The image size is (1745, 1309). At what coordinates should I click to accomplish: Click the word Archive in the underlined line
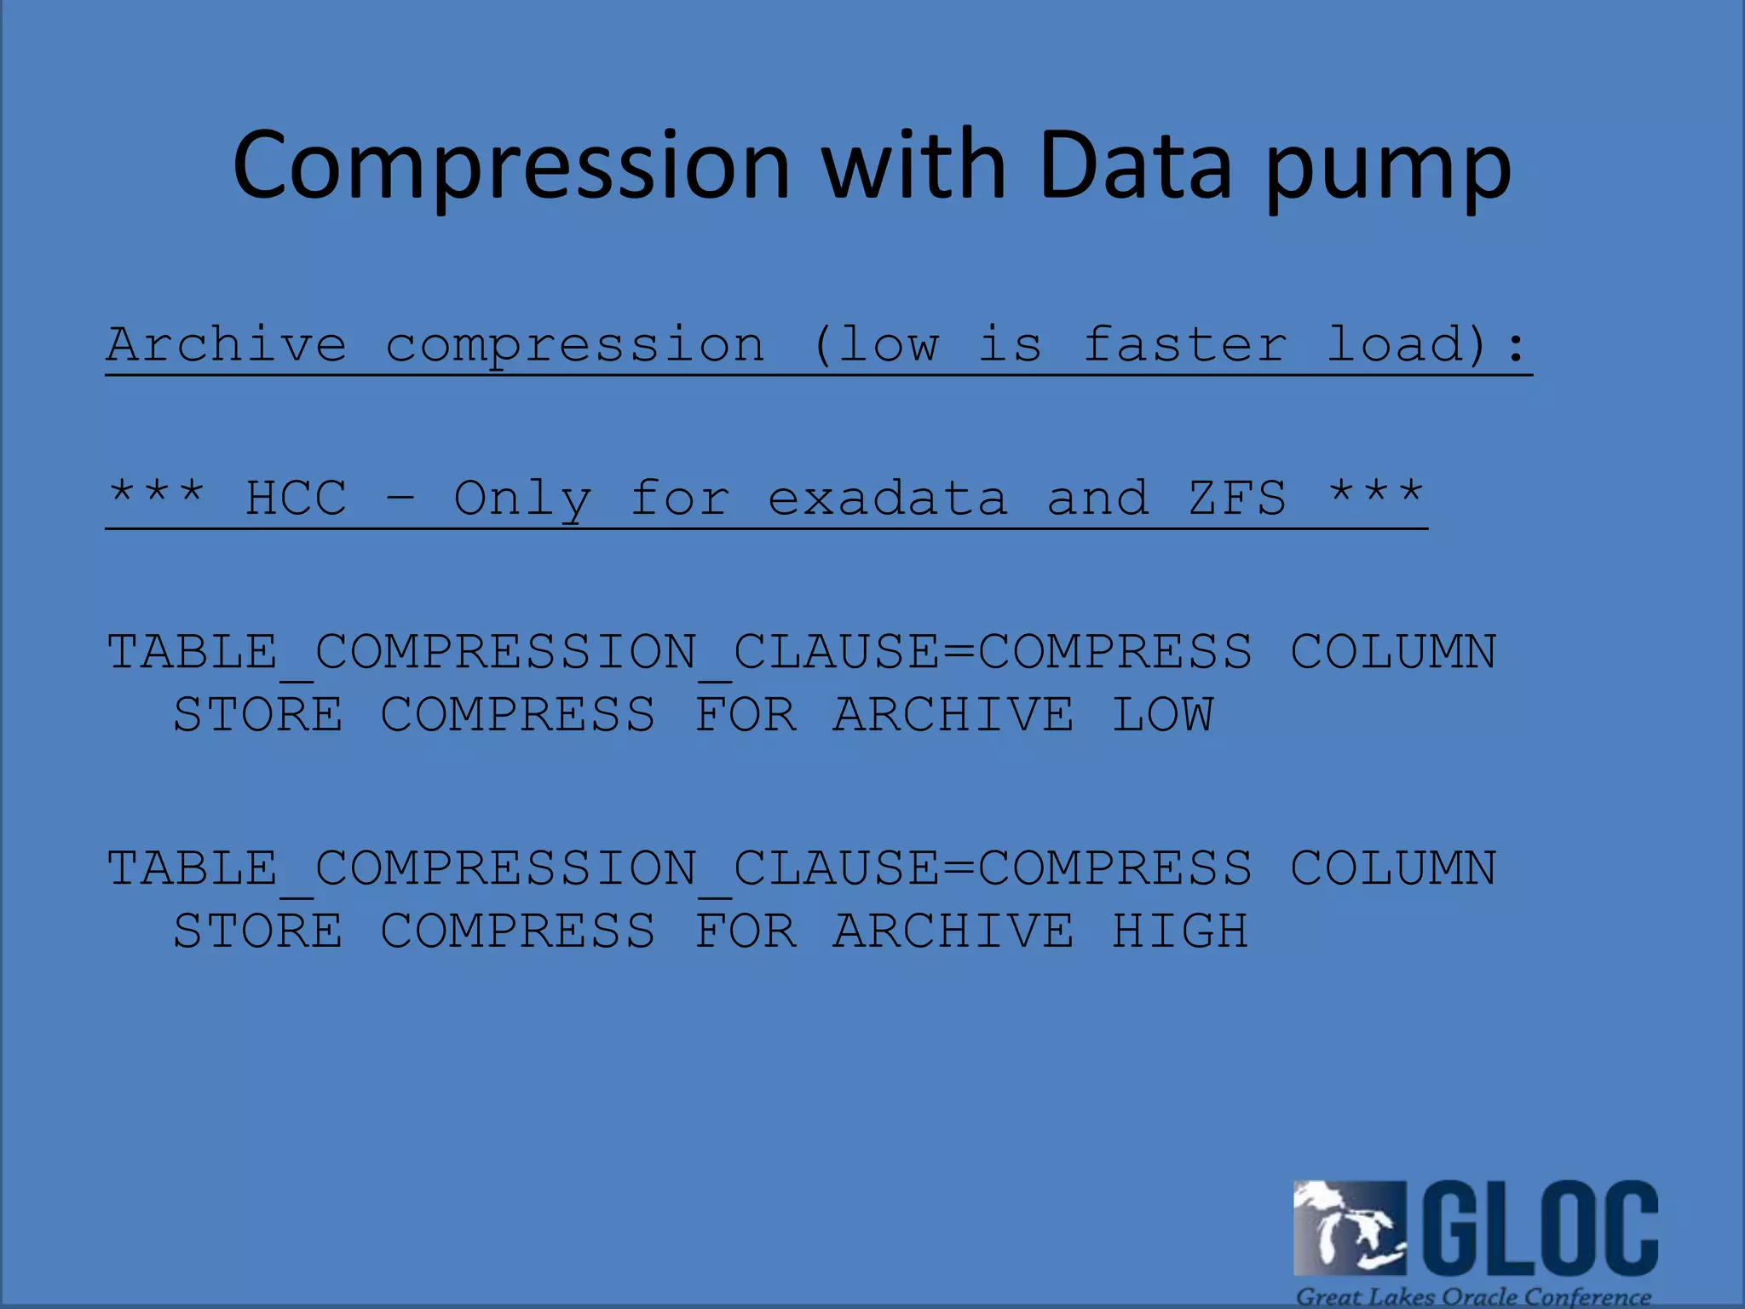click(x=227, y=345)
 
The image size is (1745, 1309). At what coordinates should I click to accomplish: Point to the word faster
click(x=1185, y=345)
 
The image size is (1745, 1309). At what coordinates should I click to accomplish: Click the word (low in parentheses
click(x=876, y=345)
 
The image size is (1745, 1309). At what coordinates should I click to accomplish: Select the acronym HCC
click(x=296, y=499)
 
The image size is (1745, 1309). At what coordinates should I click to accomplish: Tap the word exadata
click(x=887, y=499)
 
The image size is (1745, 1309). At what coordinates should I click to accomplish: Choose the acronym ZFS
click(x=1237, y=499)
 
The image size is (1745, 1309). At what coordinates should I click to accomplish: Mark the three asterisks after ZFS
click(x=1376, y=493)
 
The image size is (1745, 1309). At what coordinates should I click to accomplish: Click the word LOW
click(x=1162, y=714)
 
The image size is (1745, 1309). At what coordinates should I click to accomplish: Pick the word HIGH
click(x=1180, y=931)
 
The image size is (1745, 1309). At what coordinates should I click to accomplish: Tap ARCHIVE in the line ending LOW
click(x=953, y=714)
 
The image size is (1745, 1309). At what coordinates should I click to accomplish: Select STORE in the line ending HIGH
click(x=258, y=931)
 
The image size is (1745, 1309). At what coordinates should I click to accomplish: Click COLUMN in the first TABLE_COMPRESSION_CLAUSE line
click(x=1393, y=653)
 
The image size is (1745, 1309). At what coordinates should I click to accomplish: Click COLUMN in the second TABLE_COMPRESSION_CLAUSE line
click(x=1393, y=869)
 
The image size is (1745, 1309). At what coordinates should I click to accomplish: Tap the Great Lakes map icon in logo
click(x=1349, y=1227)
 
